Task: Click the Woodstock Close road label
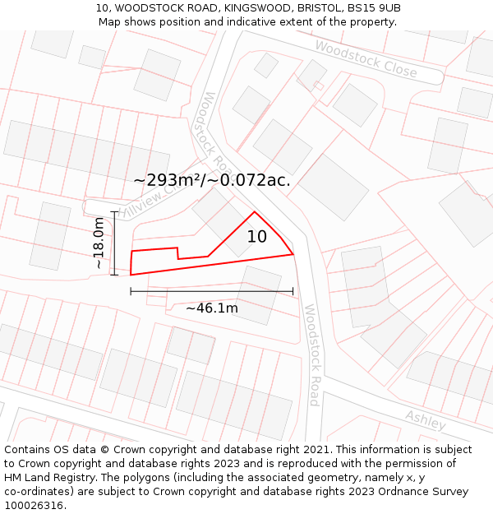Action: click(x=366, y=59)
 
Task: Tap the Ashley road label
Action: click(x=426, y=419)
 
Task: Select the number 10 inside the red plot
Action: click(x=257, y=237)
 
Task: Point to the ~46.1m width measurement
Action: click(x=211, y=308)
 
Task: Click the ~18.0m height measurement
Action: click(x=99, y=243)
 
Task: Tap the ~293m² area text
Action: click(x=168, y=180)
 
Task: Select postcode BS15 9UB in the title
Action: click(x=374, y=8)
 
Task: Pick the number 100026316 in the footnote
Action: click(x=34, y=506)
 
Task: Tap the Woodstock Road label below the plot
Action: click(x=312, y=354)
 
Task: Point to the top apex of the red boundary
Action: click(x=255, y=212)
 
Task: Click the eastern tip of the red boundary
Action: click(x=293, y=254)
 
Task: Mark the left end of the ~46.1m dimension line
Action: click(x=131, y=291)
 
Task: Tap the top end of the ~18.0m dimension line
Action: click(x=114, y=212)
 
